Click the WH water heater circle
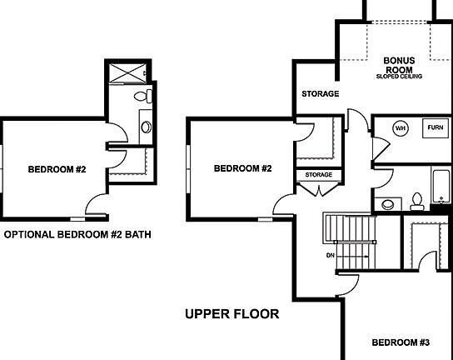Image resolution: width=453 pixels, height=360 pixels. (x=400, y=128)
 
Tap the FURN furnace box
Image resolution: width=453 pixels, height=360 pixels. (x=434, y=128)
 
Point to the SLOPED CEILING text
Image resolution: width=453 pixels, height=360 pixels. (x=400, y=77)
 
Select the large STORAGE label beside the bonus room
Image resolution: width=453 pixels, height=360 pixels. (x=320, y=94)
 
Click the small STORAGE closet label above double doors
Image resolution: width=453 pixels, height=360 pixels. (x=318, y=175)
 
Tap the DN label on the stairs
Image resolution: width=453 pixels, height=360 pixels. (x=331, y=256)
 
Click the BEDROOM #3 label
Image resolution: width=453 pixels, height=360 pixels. (x=400, y=342)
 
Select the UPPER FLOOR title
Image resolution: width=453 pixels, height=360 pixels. (x=231, y=314)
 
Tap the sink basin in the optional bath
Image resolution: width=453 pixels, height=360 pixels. (x=147, y=127)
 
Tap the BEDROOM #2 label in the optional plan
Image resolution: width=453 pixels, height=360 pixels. (x=57, y=170)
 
